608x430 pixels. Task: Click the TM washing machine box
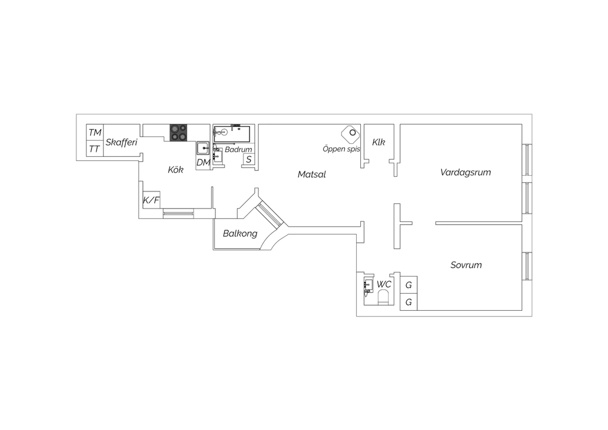[95, 132]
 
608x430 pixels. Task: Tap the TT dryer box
[95, 148]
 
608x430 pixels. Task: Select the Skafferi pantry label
[121, 142]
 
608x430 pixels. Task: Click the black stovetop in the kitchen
[178, 133]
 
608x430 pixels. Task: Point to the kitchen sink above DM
[203, 148]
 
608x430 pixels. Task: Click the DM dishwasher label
[203, 162]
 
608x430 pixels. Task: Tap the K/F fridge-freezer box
[151, 200]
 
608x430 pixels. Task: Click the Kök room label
[176, 170]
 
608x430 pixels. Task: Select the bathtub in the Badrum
[232, 133]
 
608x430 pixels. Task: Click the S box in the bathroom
[248, 159]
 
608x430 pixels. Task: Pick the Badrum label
[238, 149]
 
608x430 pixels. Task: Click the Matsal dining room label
[312, 174]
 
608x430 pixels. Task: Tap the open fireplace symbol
[351, 134]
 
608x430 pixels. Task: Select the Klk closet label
[378, 142]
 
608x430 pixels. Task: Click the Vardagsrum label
[465, 172]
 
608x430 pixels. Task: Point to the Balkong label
[240, 234]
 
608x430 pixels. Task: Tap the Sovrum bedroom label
[466, 265]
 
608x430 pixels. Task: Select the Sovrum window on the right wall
[527, 266]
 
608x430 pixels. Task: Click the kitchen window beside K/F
[178, 213]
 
